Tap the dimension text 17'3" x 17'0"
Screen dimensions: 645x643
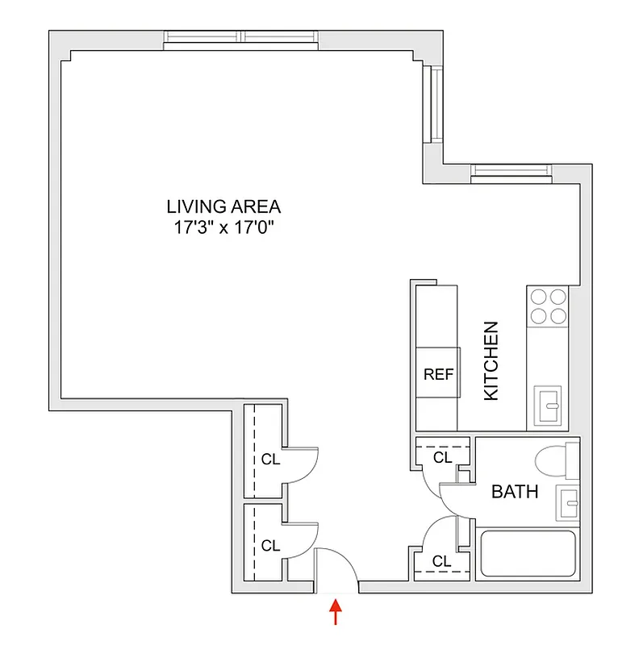tap(223, 227)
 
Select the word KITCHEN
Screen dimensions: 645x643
tap(491, 361)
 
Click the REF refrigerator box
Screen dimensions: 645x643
tap(438, 375)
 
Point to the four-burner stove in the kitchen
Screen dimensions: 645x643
tap(547, 305)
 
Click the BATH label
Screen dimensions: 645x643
tap(515, 492)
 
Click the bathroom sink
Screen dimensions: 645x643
tap(570, 504)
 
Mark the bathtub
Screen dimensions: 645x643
tap(528, 555)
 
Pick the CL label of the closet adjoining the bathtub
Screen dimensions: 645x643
tap(441, 561)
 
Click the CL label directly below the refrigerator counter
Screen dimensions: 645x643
tap(442, 457)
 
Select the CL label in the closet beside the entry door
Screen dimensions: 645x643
tap(270, 546)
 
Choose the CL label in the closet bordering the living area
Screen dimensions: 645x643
tap(270, 460)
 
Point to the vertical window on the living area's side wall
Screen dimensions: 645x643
tap(436, 104)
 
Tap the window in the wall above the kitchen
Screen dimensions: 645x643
tap(511, 170)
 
